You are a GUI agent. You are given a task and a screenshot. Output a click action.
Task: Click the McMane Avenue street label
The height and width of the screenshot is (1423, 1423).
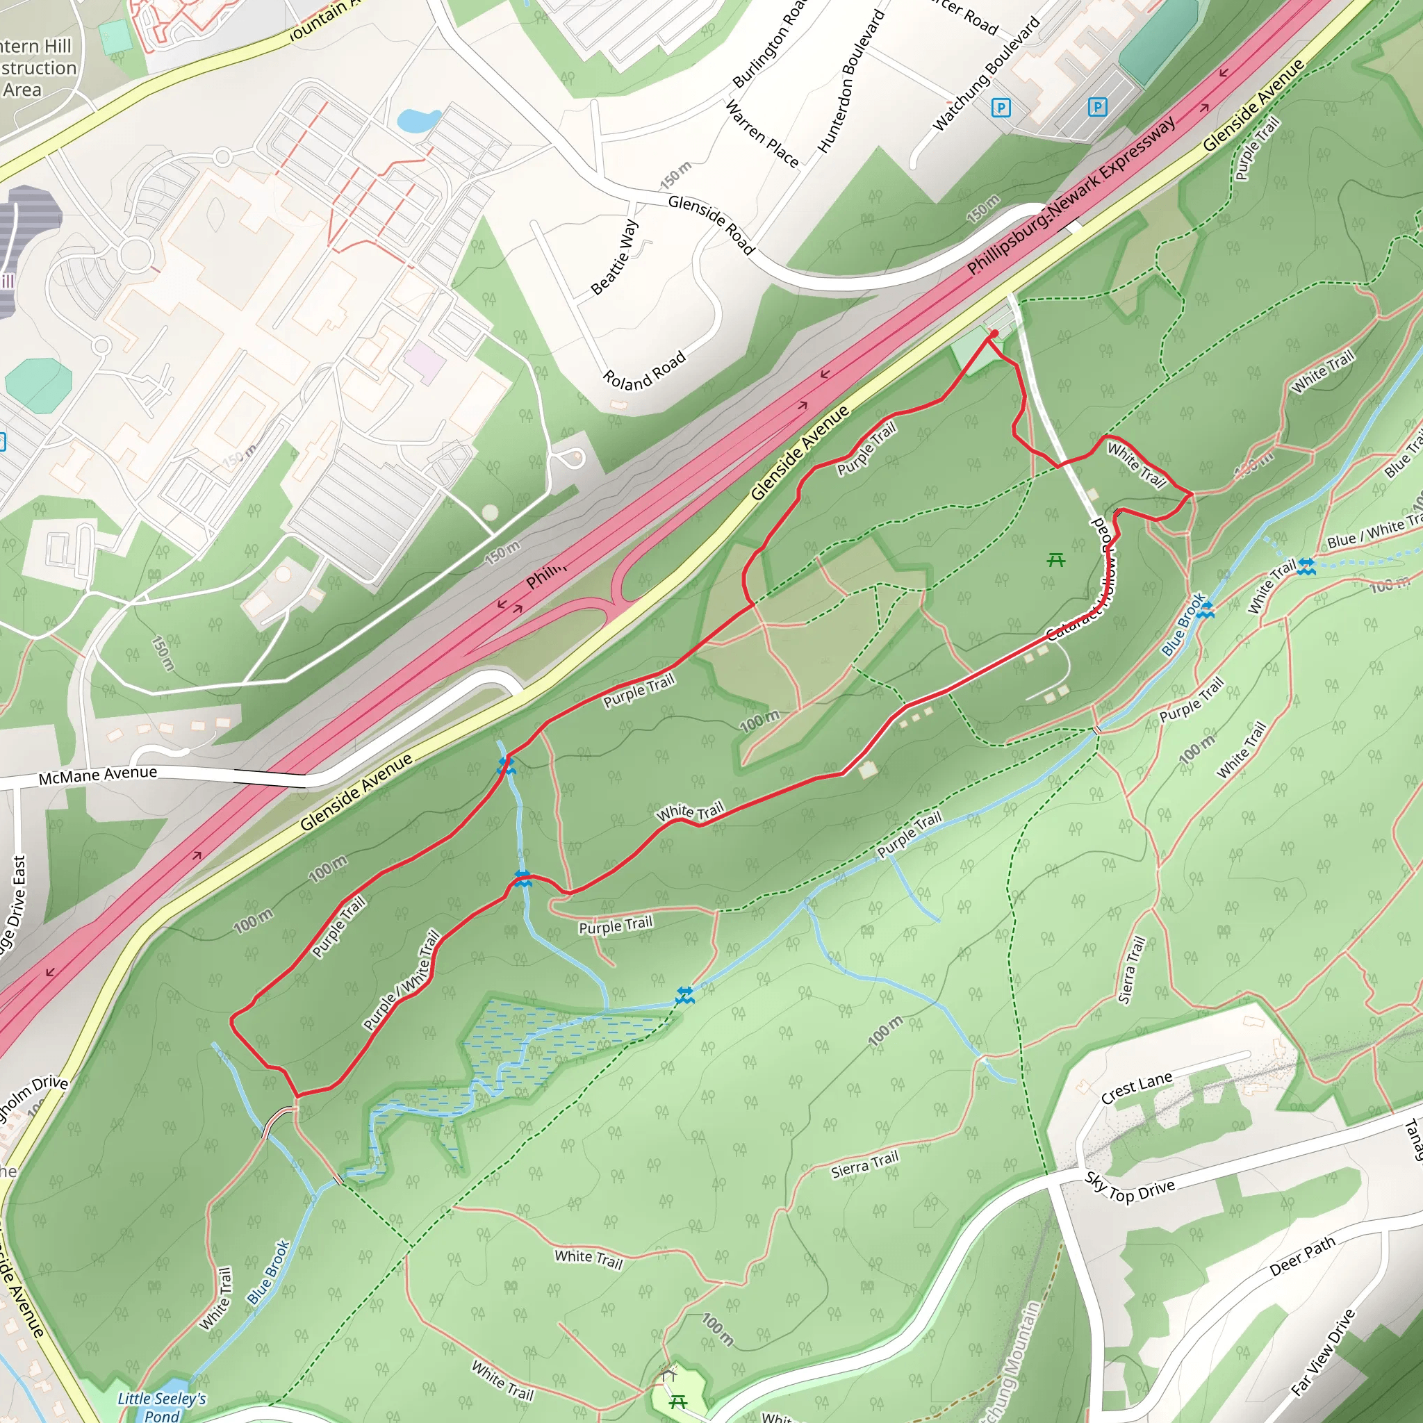coord(98,775)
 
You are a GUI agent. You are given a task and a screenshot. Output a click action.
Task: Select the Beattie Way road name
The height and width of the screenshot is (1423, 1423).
coord(614,257)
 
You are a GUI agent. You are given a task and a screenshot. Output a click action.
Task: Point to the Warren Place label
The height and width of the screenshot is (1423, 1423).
coord(762,133)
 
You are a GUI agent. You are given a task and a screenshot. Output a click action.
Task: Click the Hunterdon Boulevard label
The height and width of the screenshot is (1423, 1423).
coord(850,81)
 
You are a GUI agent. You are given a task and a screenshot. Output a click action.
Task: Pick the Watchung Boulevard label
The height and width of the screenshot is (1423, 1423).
coord(986,74)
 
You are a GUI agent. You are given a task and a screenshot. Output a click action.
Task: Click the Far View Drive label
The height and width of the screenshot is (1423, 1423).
coord(1323,1352)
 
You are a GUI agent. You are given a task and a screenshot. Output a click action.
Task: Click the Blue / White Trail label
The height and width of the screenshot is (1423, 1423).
coord(1374,532)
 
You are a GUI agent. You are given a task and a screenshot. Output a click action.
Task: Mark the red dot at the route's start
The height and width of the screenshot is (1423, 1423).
coord(994,334)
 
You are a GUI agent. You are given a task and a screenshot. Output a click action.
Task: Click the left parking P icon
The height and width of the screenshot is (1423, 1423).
coord(1001,108)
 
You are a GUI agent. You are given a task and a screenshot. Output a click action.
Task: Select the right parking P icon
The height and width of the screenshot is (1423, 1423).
coord(1097,108)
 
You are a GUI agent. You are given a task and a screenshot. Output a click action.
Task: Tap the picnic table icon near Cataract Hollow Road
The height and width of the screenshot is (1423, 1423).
coord(1056,560)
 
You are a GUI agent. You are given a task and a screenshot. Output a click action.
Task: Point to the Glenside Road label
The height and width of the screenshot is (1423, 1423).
coord(711,224)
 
